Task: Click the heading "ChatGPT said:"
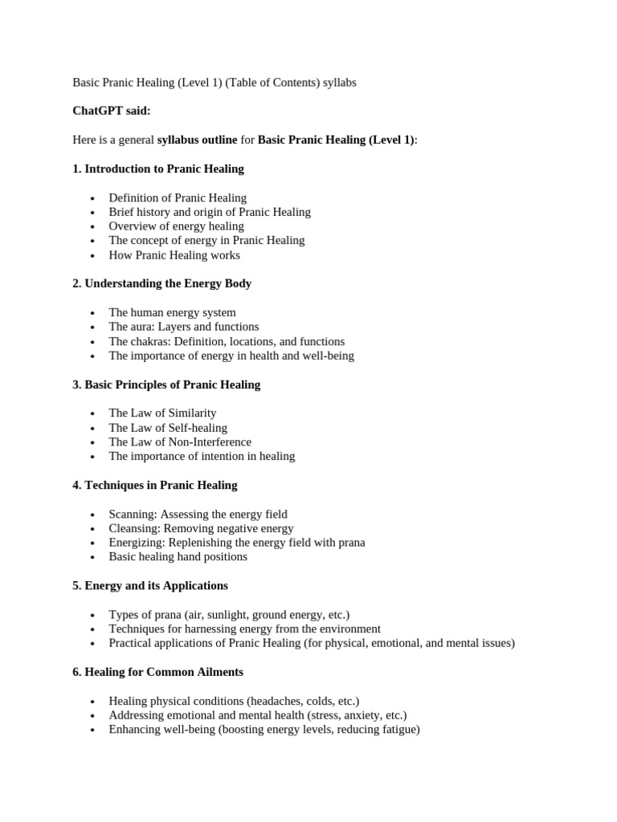112,111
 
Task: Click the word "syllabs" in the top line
339,83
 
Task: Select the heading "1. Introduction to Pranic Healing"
158,169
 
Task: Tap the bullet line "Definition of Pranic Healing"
178,197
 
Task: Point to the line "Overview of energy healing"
176,226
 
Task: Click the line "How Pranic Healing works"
174,255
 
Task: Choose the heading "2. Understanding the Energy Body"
161,283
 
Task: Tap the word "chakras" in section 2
150,341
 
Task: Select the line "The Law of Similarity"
162,413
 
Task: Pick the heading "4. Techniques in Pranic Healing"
155,485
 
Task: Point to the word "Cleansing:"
134,528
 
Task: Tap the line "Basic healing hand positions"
178,557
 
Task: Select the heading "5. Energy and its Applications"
150,585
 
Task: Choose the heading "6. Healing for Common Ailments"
157,672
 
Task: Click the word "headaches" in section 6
276,701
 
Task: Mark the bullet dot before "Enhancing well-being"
93,730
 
